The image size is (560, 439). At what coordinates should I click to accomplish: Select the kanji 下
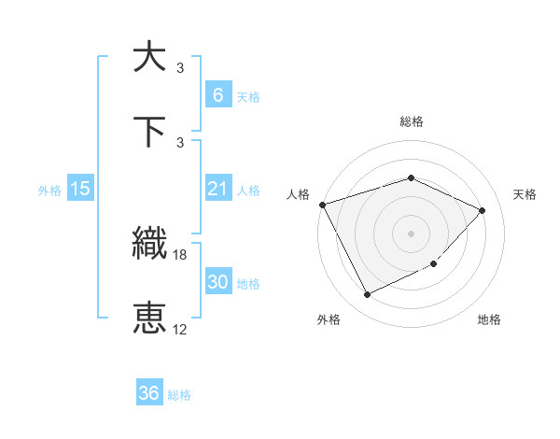tap(150, 132)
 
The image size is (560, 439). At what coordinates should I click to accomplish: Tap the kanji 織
tap(150, 244)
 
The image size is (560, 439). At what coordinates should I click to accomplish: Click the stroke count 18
tap(180, 254)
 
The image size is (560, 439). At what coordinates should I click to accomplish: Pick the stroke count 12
tap(180, 329)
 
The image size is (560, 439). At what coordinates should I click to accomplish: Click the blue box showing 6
tap(217, 95)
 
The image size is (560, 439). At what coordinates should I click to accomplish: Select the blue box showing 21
tap(217, 189)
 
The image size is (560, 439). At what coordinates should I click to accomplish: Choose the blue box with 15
tap(80, 189)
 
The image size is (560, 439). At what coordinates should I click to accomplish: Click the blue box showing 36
tap(149, 394)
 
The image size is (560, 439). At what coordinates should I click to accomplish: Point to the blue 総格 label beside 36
tap(179, 395)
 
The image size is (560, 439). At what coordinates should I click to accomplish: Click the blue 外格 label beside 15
tap(49, 190)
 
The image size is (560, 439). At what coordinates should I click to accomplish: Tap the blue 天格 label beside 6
tap(247, 96)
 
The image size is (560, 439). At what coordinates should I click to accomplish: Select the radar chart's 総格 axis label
tap(411, 121)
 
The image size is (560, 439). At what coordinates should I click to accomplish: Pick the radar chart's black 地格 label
tap(489, 319)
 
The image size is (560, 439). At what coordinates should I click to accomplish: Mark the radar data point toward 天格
tap(482, 210)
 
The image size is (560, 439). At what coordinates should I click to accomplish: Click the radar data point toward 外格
tap(367, 294)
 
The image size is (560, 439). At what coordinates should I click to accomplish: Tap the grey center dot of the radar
tap(411, 234)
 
